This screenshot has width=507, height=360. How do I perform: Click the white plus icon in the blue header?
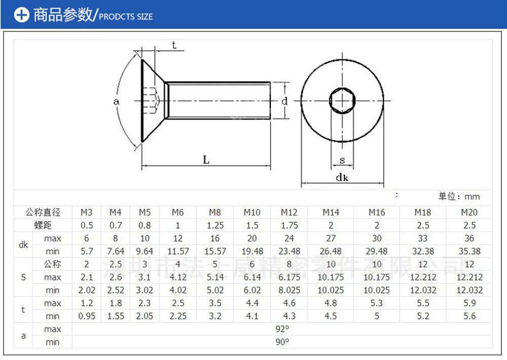click(21, 15)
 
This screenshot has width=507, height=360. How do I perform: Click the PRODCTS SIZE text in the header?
click(125, 17)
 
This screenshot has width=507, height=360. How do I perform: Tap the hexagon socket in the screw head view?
click(342, 100)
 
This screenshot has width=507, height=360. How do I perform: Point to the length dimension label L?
click(206, 160)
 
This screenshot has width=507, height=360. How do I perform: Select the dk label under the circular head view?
click(342, 177)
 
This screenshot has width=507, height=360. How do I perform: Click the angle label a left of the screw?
click(116, 101)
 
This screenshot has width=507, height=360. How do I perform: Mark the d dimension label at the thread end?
click(285, 101)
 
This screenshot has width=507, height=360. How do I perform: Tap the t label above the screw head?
click(174, 46)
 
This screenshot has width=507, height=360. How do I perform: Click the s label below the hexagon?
click(342, 161)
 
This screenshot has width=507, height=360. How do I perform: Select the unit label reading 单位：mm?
click(459, 196)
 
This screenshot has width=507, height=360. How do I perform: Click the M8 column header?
click(215, 212)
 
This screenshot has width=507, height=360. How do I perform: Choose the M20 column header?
click(469, 212)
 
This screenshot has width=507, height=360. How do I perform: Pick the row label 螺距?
click(43, 225)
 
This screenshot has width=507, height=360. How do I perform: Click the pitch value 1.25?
click(215, 225)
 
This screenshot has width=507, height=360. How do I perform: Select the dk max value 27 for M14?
click(331, 238)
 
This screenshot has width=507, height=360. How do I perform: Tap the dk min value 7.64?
click(115, 251)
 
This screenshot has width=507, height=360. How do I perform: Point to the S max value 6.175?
click(289, 277)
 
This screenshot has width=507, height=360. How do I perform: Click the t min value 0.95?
click(87, 316)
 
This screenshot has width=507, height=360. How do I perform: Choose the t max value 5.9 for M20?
click(469, 303)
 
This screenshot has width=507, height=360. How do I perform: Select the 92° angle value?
click(282, 329)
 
